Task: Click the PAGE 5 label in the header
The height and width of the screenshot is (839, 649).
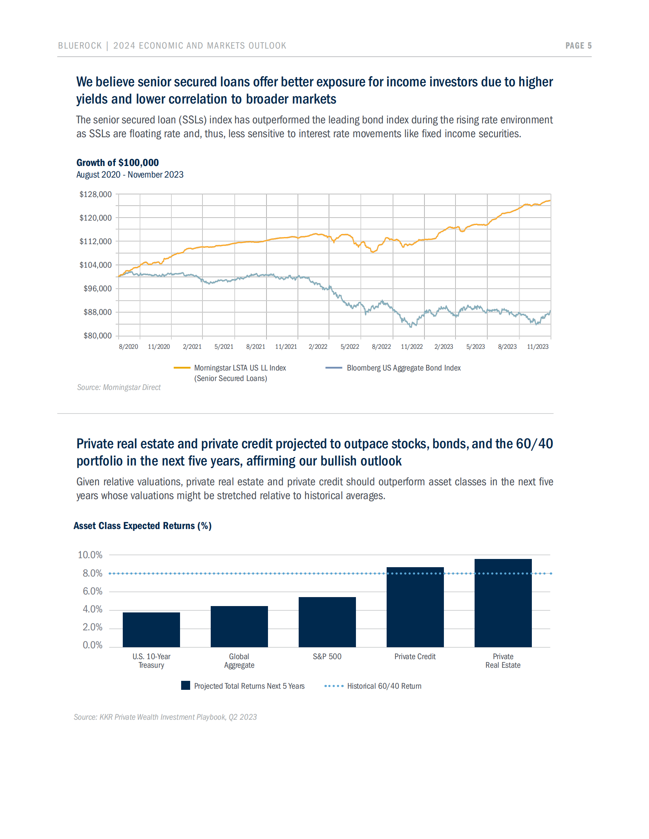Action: point(578,46)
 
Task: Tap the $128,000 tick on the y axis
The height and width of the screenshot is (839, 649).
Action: point(95,194)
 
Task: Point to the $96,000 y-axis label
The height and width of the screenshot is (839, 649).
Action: point(97,289)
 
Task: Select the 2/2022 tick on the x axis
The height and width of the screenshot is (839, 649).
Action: point(318,347)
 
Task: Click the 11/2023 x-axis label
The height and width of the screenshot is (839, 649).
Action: point(537,347)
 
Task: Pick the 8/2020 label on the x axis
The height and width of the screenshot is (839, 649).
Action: point(128,347)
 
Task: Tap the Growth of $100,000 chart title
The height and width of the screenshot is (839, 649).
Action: point(117,163)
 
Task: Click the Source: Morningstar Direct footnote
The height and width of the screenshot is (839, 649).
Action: point(119,387)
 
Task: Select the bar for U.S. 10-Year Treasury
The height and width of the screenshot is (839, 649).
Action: point(151,630)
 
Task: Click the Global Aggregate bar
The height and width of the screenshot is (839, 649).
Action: point(239,627)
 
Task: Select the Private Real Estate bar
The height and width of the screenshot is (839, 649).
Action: point(503,603)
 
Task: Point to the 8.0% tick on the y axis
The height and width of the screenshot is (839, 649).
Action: point(92,573)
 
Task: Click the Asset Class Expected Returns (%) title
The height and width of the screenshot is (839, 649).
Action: point(142,526)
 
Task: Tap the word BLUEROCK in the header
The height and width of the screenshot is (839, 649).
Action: point(80,46)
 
